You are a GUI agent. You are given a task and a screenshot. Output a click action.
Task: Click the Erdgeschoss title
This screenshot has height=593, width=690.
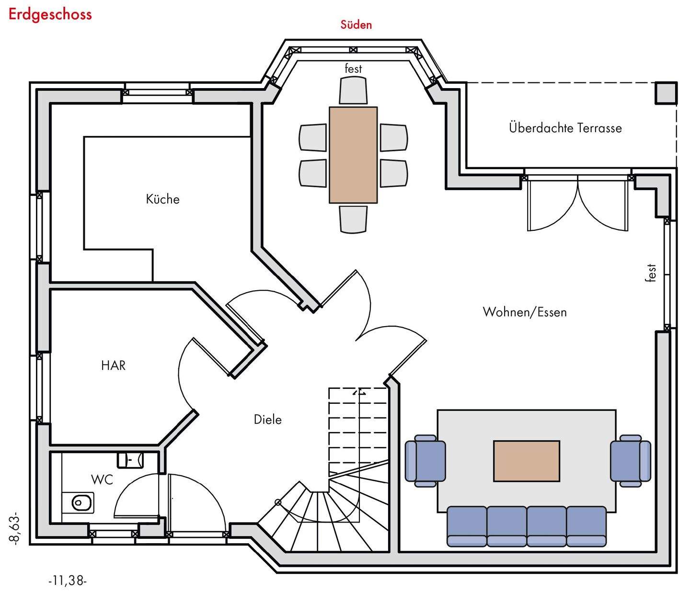click(50, 14)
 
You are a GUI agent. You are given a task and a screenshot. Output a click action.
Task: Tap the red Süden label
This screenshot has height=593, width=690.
click(356, 24)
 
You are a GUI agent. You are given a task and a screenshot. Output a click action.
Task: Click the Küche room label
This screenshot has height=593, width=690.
click(162, 199)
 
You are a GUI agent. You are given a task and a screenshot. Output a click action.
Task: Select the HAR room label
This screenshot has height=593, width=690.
click(113, 365)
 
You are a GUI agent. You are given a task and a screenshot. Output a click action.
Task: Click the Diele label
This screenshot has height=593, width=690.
click(267, 420)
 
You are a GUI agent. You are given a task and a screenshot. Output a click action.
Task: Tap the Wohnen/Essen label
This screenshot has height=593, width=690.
click(525, 312)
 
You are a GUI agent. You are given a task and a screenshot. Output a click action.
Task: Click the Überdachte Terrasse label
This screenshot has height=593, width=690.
click(565, 128)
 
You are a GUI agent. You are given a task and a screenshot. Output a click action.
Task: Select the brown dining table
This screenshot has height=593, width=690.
click(353, 155)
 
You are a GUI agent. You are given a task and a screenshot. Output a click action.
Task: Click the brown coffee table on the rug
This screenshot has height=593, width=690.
click(527, 461)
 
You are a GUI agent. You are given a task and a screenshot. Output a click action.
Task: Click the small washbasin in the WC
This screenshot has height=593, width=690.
click(130, 460)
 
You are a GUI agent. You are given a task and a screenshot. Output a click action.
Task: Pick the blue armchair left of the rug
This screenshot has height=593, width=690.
click(425, 461)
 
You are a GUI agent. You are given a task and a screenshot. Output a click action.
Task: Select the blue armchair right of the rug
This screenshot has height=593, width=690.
click(630, 461)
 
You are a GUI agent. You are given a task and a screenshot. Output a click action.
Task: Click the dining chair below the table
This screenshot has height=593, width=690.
click(353, 219)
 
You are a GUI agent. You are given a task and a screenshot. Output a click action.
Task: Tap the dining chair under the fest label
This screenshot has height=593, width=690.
click(353, 91)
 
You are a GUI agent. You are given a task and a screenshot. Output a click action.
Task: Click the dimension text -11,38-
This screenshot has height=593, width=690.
click(68, 581)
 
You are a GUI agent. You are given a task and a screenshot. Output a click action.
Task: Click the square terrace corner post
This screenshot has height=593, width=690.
click(666, 93)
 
